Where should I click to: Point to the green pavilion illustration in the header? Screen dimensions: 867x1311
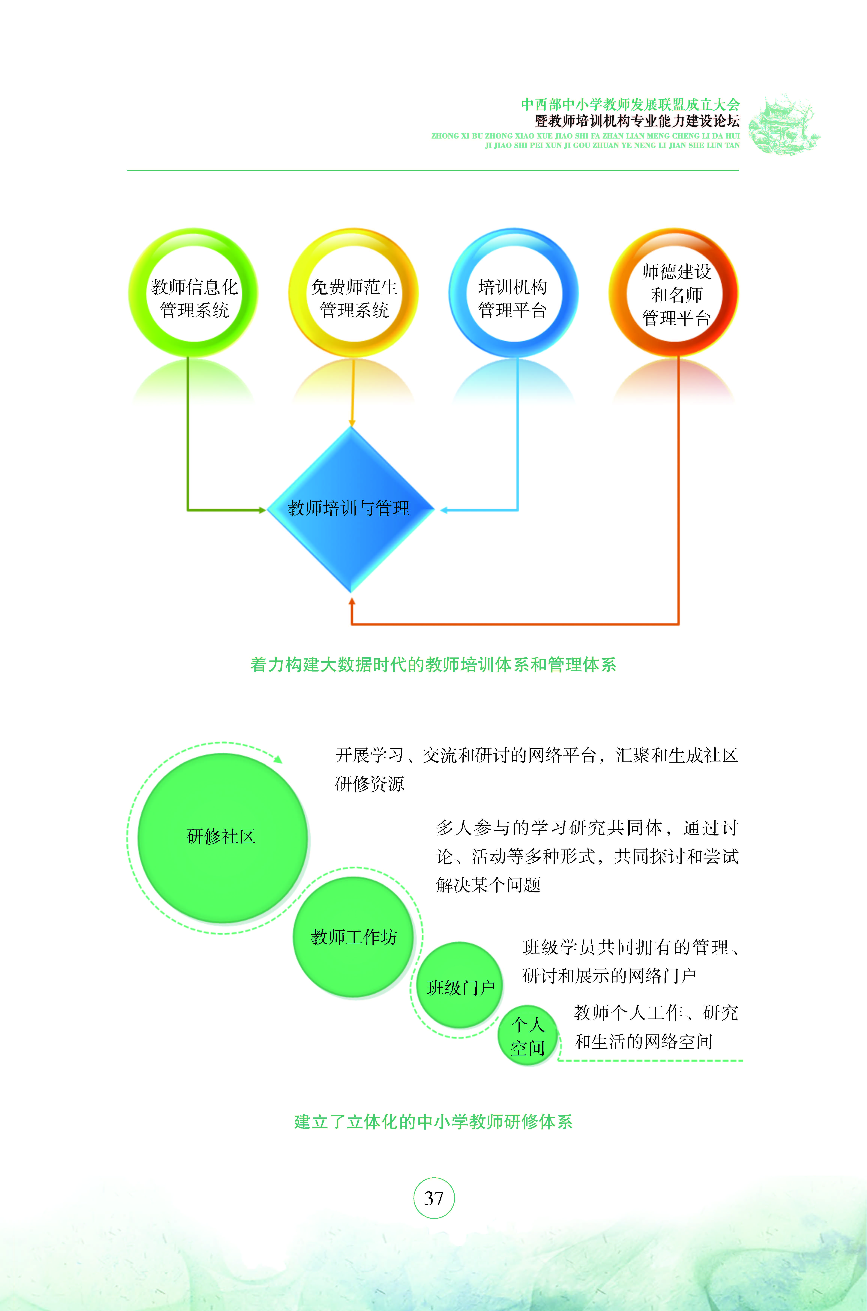click(x=784, y=124)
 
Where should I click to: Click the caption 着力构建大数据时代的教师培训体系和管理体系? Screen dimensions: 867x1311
click(x=433, y=664)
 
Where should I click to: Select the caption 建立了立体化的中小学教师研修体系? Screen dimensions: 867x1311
click(x=433, y=1121)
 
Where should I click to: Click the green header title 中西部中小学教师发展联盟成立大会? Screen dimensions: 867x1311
click(x=630, y=104)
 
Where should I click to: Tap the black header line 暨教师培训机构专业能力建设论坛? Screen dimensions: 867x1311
click(x=637, y=120)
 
